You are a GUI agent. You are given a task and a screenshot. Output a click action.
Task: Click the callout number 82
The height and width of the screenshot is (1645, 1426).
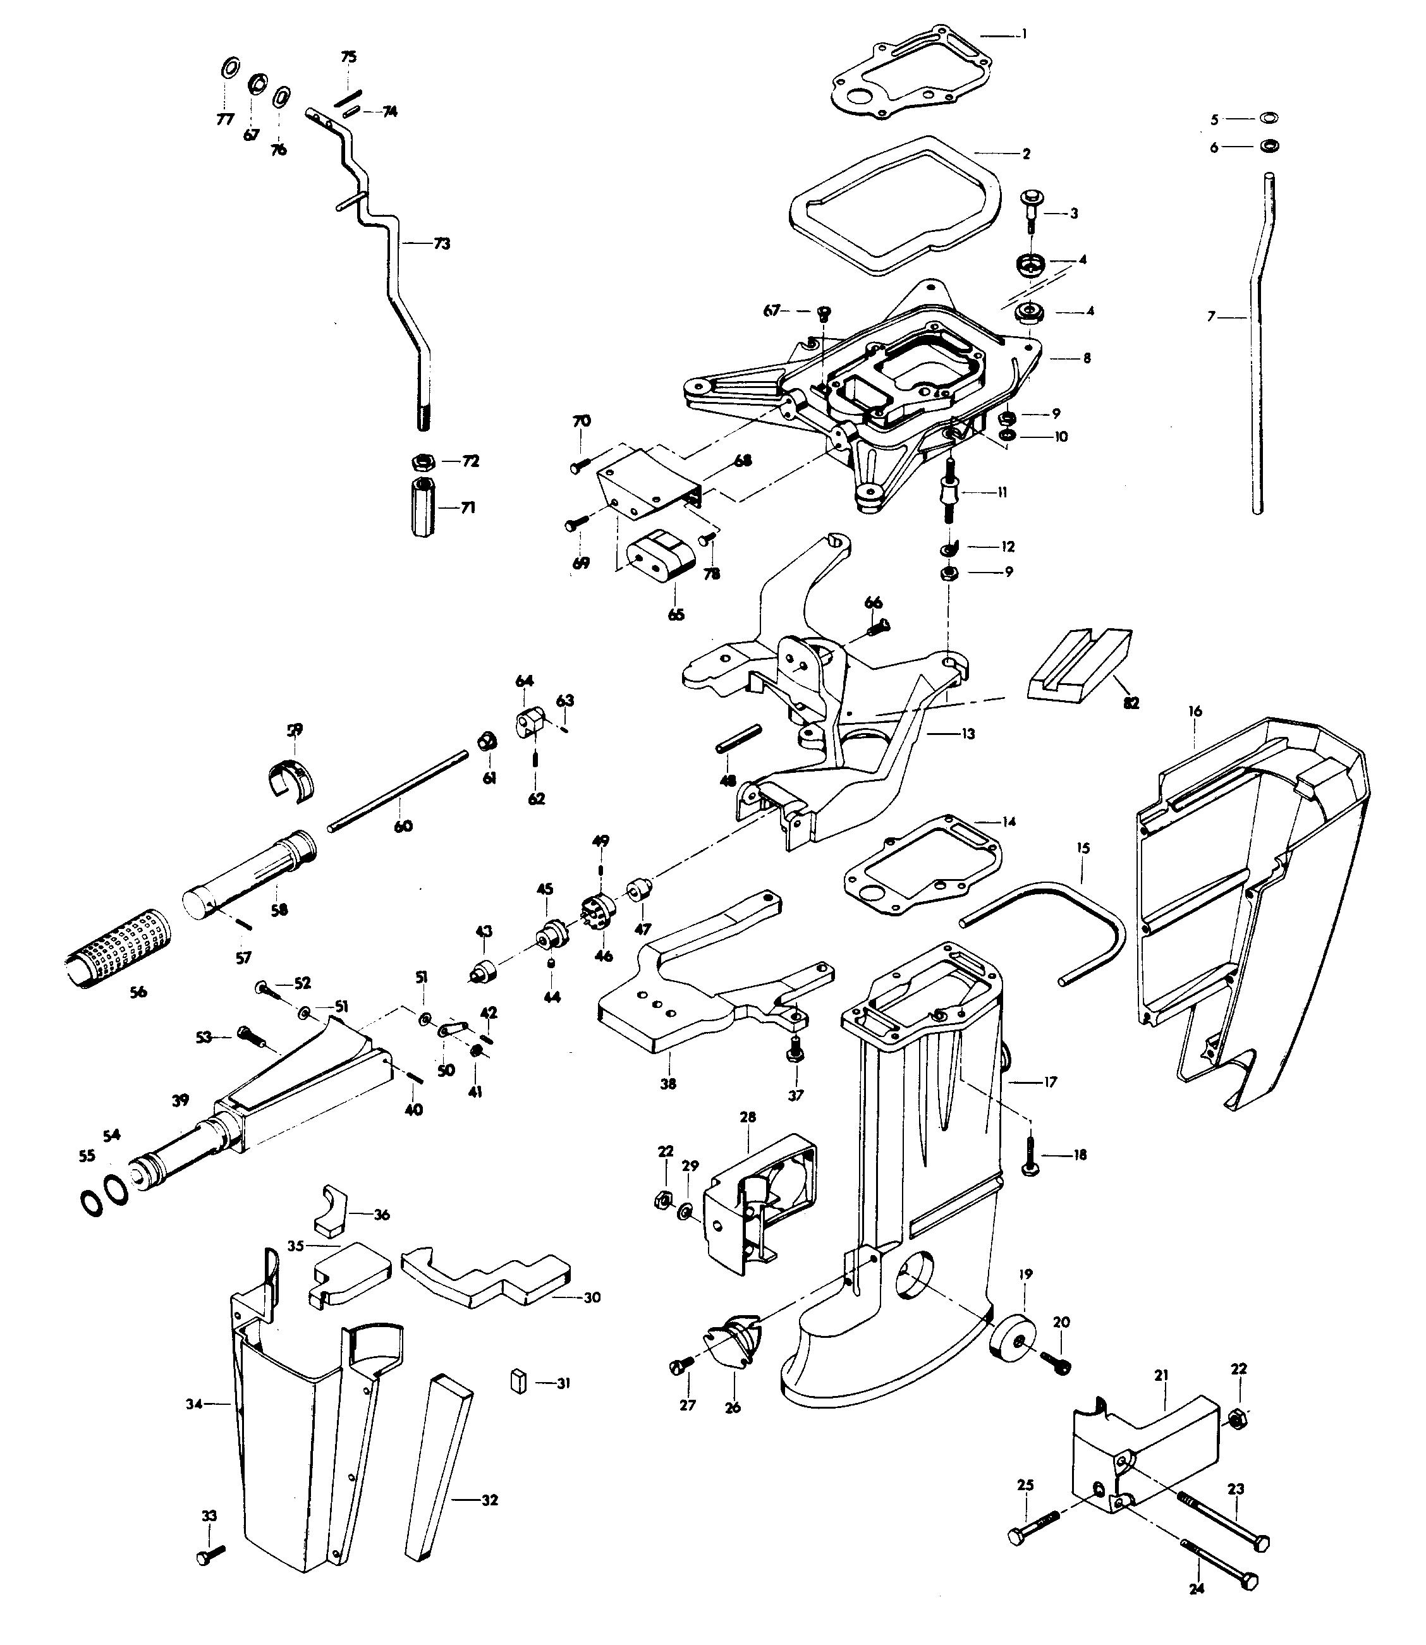1131,703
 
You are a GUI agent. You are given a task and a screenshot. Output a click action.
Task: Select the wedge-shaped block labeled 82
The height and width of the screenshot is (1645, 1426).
1078,664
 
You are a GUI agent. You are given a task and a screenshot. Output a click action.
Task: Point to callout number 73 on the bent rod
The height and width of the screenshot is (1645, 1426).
442,243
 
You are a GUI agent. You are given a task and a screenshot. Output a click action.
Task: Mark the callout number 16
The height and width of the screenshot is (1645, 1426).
1195,711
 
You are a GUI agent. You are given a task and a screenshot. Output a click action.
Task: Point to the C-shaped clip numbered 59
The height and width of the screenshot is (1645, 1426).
289,780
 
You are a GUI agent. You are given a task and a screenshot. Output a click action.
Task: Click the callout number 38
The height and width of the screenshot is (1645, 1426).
669,1083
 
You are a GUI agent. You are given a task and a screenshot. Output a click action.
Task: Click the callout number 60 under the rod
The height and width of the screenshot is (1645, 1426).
403,827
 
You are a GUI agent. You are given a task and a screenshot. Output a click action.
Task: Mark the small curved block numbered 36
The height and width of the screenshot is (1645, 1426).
333,1211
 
